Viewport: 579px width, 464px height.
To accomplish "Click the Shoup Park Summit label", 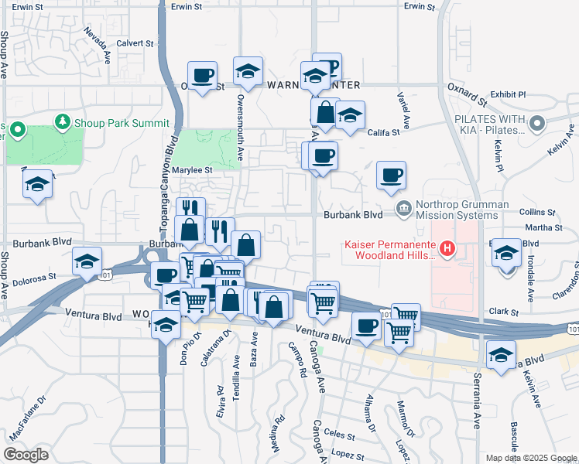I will [x=121, y=123].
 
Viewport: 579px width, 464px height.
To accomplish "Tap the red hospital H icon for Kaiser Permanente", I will [x=446, y=249].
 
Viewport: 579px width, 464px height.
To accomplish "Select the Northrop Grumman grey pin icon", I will [x=403, y=209].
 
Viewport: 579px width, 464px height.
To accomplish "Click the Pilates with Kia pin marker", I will [x=536, y=122].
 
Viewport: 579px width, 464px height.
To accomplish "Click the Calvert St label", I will [x=135, y=43].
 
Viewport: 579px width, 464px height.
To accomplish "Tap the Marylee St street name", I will [x=194, y=170].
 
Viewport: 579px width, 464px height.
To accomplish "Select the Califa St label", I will [x=383, y=132].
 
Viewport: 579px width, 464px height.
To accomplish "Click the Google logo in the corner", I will [x=26, y=454].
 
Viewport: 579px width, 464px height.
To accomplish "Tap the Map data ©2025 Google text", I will [x=530, y=458].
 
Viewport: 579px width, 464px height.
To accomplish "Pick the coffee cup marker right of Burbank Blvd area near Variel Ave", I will [x=392, y=175].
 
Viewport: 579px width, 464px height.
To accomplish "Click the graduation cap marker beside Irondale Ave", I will [x=506, y=253].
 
